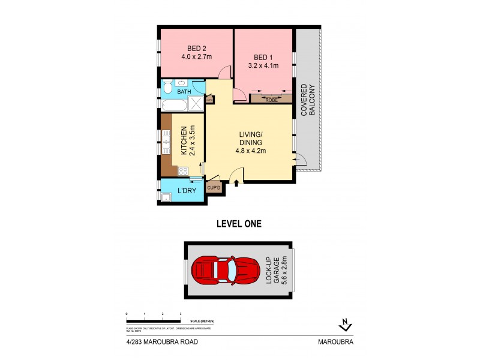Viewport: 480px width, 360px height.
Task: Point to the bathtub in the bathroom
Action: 174,105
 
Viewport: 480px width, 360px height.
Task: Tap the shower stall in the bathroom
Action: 196,104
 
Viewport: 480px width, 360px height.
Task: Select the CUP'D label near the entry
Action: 213,188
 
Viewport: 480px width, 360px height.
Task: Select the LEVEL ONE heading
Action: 238,224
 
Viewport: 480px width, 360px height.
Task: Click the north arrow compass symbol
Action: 344,325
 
